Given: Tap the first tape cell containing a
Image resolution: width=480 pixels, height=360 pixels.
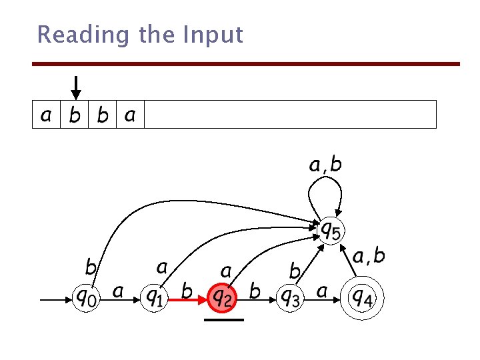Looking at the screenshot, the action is [45, 115].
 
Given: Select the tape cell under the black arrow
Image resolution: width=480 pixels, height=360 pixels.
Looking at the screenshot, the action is [75, 115].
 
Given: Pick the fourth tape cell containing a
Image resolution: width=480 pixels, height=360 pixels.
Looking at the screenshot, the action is [130, 115].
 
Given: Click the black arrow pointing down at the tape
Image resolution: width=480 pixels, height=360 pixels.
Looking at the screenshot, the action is [76, 87].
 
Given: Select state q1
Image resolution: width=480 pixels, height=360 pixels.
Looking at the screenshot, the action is [155, 295].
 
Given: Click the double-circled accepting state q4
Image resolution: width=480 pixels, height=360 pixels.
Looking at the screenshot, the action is [361, 295].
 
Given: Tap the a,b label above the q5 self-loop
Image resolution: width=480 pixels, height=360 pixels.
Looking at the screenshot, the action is [325, 164].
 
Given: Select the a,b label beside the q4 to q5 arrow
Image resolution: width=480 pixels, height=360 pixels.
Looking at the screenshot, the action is [369, 256].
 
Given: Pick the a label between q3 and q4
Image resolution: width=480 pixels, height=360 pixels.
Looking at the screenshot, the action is [321, 291].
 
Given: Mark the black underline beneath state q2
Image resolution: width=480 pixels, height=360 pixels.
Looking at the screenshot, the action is [224, 321].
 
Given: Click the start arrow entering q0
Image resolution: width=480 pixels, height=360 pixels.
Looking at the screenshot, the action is [56, 301].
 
